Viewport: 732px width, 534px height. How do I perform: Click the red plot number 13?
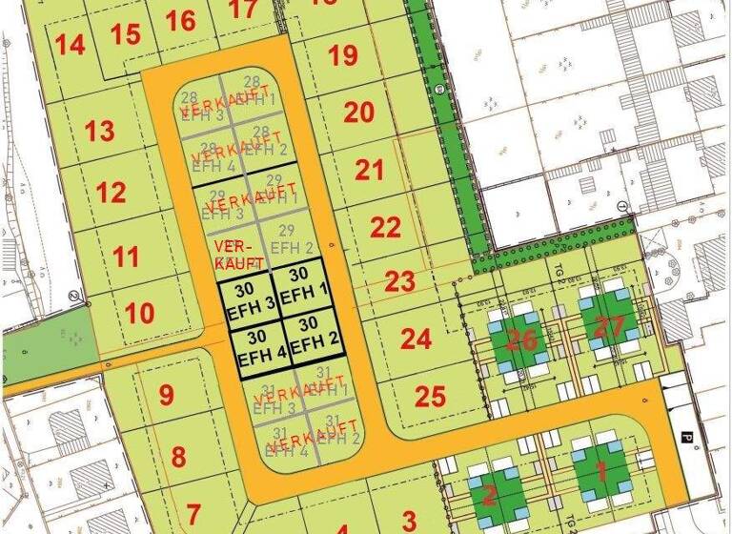point(99,131)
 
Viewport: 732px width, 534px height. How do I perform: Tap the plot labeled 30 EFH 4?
point(255,348)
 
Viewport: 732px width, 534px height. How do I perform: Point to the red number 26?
point(521,339)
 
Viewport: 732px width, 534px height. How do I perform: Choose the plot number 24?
point(416,339)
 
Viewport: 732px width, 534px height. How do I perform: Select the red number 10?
point(139,313)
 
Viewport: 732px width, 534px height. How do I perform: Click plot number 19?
point(343,54)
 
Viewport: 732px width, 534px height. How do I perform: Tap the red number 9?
point(166,395)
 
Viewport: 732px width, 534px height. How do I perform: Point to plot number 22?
point(385,228)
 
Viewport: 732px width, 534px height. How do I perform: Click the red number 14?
point(70,44)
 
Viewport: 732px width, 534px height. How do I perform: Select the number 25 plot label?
point(431,396)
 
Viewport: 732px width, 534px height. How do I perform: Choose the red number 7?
point(193,513)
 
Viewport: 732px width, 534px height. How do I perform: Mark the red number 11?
point(125,257)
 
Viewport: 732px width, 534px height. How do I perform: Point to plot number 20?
point(358,113)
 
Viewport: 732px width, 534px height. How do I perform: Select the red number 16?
point(180,20)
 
